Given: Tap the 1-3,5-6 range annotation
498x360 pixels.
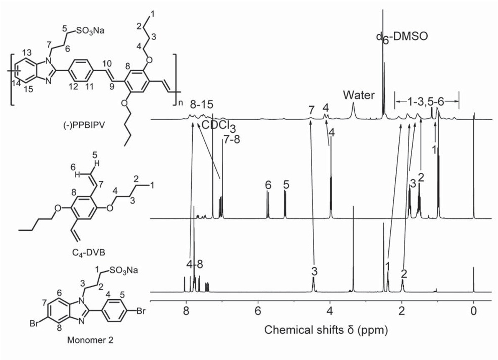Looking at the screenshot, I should click(x=427, y=100).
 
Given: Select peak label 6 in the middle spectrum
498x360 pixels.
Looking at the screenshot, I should click(x=268, y=185).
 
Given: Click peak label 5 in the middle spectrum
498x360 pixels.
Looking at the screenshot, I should click(x=286, y=185).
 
